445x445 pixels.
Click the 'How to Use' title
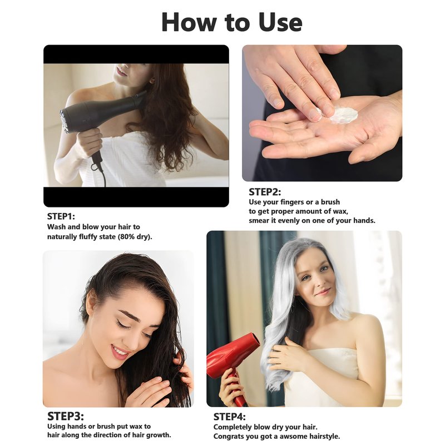click(x=231, y=23)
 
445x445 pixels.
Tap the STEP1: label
click(x=61, y=216)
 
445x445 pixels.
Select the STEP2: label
click(x=265, y=192)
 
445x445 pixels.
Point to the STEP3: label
click(x=66, y=416)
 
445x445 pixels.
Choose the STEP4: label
click(x=229, y=417)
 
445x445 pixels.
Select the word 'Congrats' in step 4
click(x=228, y=437)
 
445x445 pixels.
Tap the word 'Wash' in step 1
click(x=57, y=227)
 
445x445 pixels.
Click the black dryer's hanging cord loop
click(x=96, y=166)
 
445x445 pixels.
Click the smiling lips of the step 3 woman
click(x=120, y=353)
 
